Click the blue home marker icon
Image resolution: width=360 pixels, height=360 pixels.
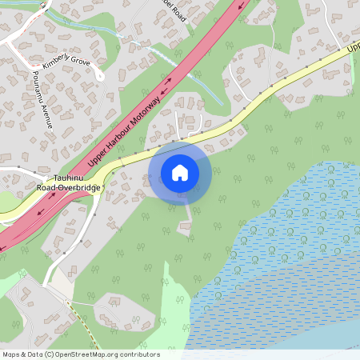click(x=180, y=172)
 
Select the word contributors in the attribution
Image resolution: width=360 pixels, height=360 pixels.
click(x=142, y=354)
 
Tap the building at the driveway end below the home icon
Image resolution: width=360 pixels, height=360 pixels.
click(x=185, y=229)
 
